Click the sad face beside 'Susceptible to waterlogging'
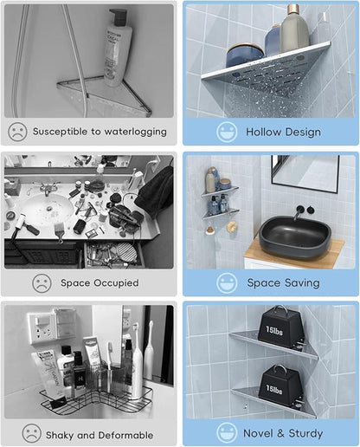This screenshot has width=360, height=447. (x=18, y=132)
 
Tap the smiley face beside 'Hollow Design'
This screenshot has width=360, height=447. (x=227, y=132)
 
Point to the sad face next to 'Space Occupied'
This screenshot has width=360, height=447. (x=42, y=283)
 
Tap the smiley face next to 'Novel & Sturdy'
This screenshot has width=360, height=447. (x=227, y=432)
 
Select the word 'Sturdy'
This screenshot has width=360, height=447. (x=305, y=433)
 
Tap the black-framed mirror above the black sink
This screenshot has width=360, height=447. (x=305, y=174)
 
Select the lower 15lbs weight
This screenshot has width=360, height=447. (x=280, y=385)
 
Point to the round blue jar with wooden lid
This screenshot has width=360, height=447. (x=245, y=55)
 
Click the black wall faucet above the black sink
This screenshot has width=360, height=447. (x=299, y=211)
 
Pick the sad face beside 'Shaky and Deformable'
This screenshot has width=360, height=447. (x=32, y=433)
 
